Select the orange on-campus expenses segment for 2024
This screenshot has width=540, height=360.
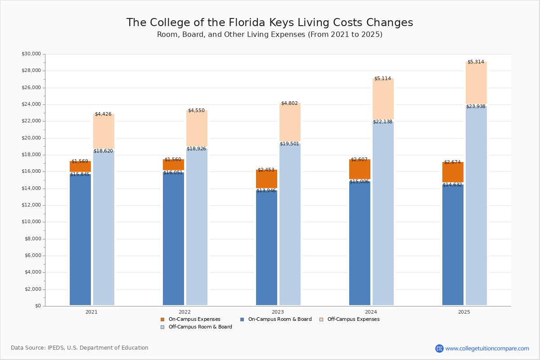[360, 170]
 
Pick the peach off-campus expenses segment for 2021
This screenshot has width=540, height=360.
[103, 131]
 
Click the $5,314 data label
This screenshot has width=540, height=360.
[476, 62]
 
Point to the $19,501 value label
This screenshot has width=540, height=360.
[289, 144]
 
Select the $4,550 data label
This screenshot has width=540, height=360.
[196, 111]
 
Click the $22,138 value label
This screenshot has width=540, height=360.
[382, 122]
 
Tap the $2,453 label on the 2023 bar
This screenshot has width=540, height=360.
[266, 170]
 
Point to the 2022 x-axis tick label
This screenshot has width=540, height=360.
[184, 312]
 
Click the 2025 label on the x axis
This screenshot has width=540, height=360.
[464, 312]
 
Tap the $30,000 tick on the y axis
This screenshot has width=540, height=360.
[31, 54]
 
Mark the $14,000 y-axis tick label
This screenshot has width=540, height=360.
[31, 189]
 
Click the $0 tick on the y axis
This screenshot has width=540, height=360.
[38, 306]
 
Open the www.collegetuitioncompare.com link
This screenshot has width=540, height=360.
[487, 348]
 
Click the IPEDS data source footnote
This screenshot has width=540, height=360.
[80, 348]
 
